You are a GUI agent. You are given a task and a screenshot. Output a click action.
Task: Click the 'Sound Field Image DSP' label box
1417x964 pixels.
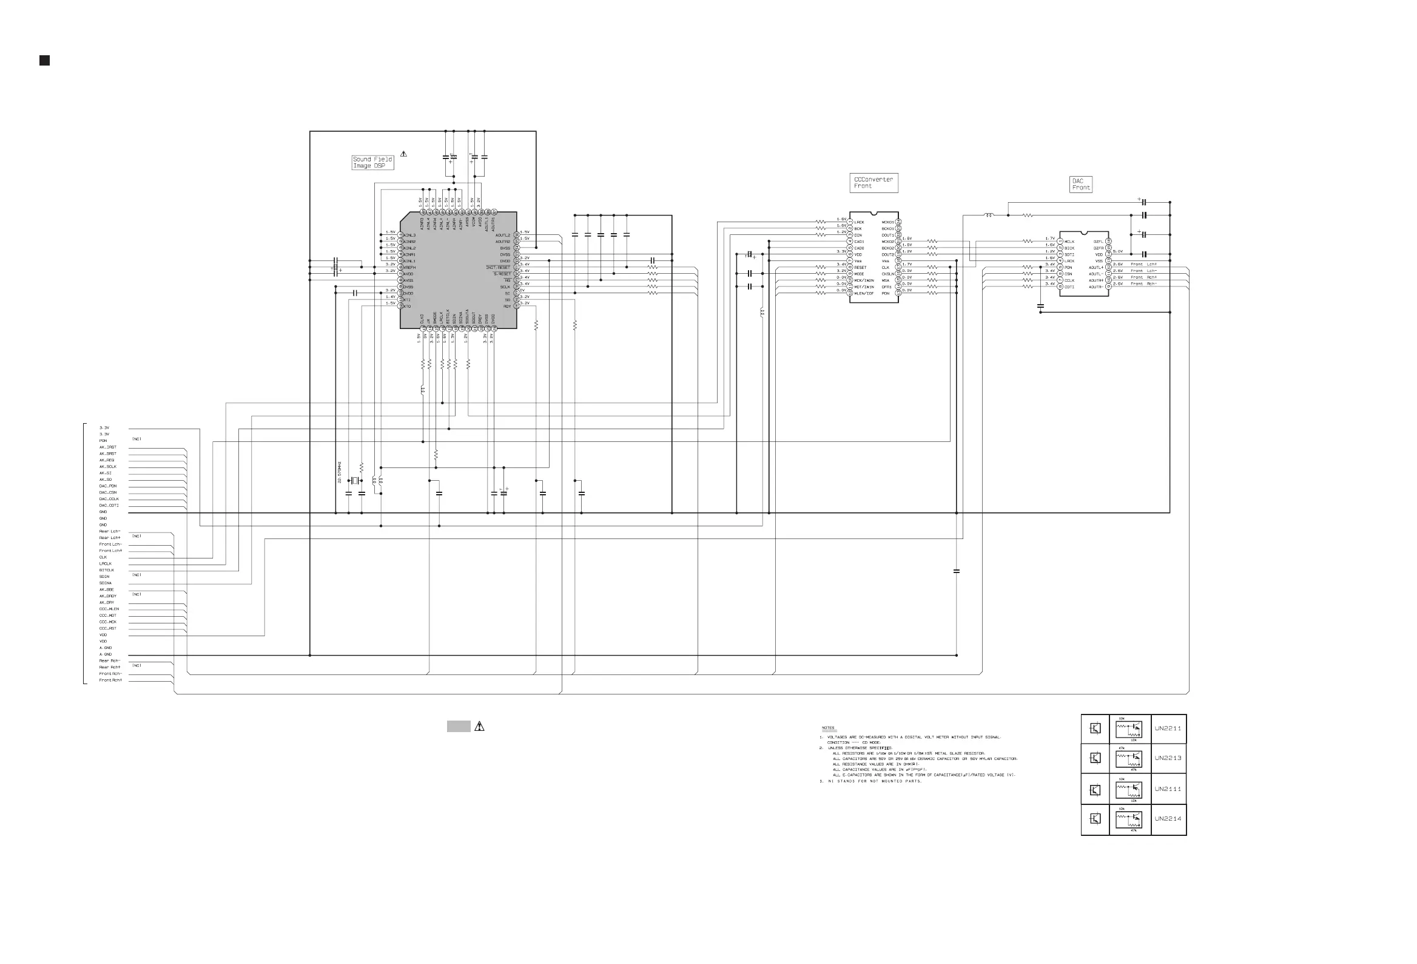coord(372,162)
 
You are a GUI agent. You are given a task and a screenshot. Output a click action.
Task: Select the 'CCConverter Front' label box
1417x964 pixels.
coord(873,183)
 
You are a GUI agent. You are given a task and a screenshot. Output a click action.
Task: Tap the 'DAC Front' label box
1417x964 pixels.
coord(1080,185)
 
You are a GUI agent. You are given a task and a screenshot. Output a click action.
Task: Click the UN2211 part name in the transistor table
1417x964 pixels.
coord(1168,728)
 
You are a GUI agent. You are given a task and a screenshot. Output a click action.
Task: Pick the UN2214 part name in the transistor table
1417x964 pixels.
coord(1168,819)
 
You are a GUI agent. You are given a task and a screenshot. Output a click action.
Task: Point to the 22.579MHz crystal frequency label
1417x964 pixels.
coord(339,472)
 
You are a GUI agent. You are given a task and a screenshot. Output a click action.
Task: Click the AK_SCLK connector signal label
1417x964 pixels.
coord(108,467)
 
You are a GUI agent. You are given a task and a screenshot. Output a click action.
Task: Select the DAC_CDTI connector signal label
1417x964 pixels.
coord(109,505)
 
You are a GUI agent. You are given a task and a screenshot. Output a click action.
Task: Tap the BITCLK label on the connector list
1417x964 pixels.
coord(107,570)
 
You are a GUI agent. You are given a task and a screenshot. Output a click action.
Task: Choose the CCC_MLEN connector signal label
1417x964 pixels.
coord(109,609)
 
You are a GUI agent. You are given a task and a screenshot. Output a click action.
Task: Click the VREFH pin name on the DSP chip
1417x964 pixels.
coord(409,267)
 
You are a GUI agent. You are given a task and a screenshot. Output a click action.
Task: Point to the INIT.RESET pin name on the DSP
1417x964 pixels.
coord(498,267)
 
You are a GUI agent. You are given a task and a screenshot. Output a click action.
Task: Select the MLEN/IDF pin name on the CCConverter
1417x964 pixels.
coord(864,293)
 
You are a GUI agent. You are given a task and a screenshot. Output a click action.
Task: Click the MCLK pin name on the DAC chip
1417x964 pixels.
coord(1069,242)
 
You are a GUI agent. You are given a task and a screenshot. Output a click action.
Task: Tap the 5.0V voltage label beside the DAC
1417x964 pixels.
coord(1117,251)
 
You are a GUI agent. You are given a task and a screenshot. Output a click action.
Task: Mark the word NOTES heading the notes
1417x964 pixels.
coord(828,728)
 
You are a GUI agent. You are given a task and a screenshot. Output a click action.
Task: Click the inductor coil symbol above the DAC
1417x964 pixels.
coord(988,215)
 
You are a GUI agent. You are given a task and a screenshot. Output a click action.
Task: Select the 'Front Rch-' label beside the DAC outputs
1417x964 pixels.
coord(1143,283)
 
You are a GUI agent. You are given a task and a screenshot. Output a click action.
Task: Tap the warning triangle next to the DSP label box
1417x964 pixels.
coord(403,154)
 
